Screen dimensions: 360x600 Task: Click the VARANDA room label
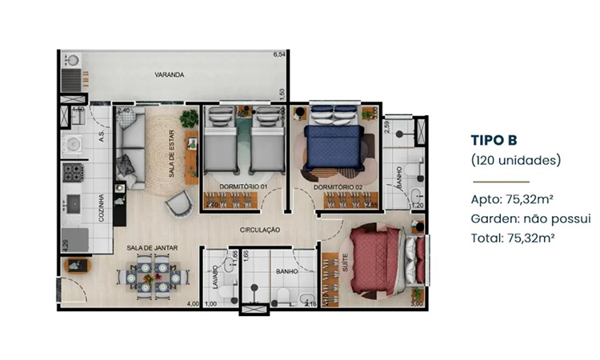pos(170,75)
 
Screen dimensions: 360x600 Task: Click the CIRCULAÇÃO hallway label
pos(260,230)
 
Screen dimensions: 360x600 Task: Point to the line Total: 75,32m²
pos(513,237)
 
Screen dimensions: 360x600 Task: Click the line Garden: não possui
pos(530,218)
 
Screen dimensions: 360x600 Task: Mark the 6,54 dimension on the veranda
pos(279,54)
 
